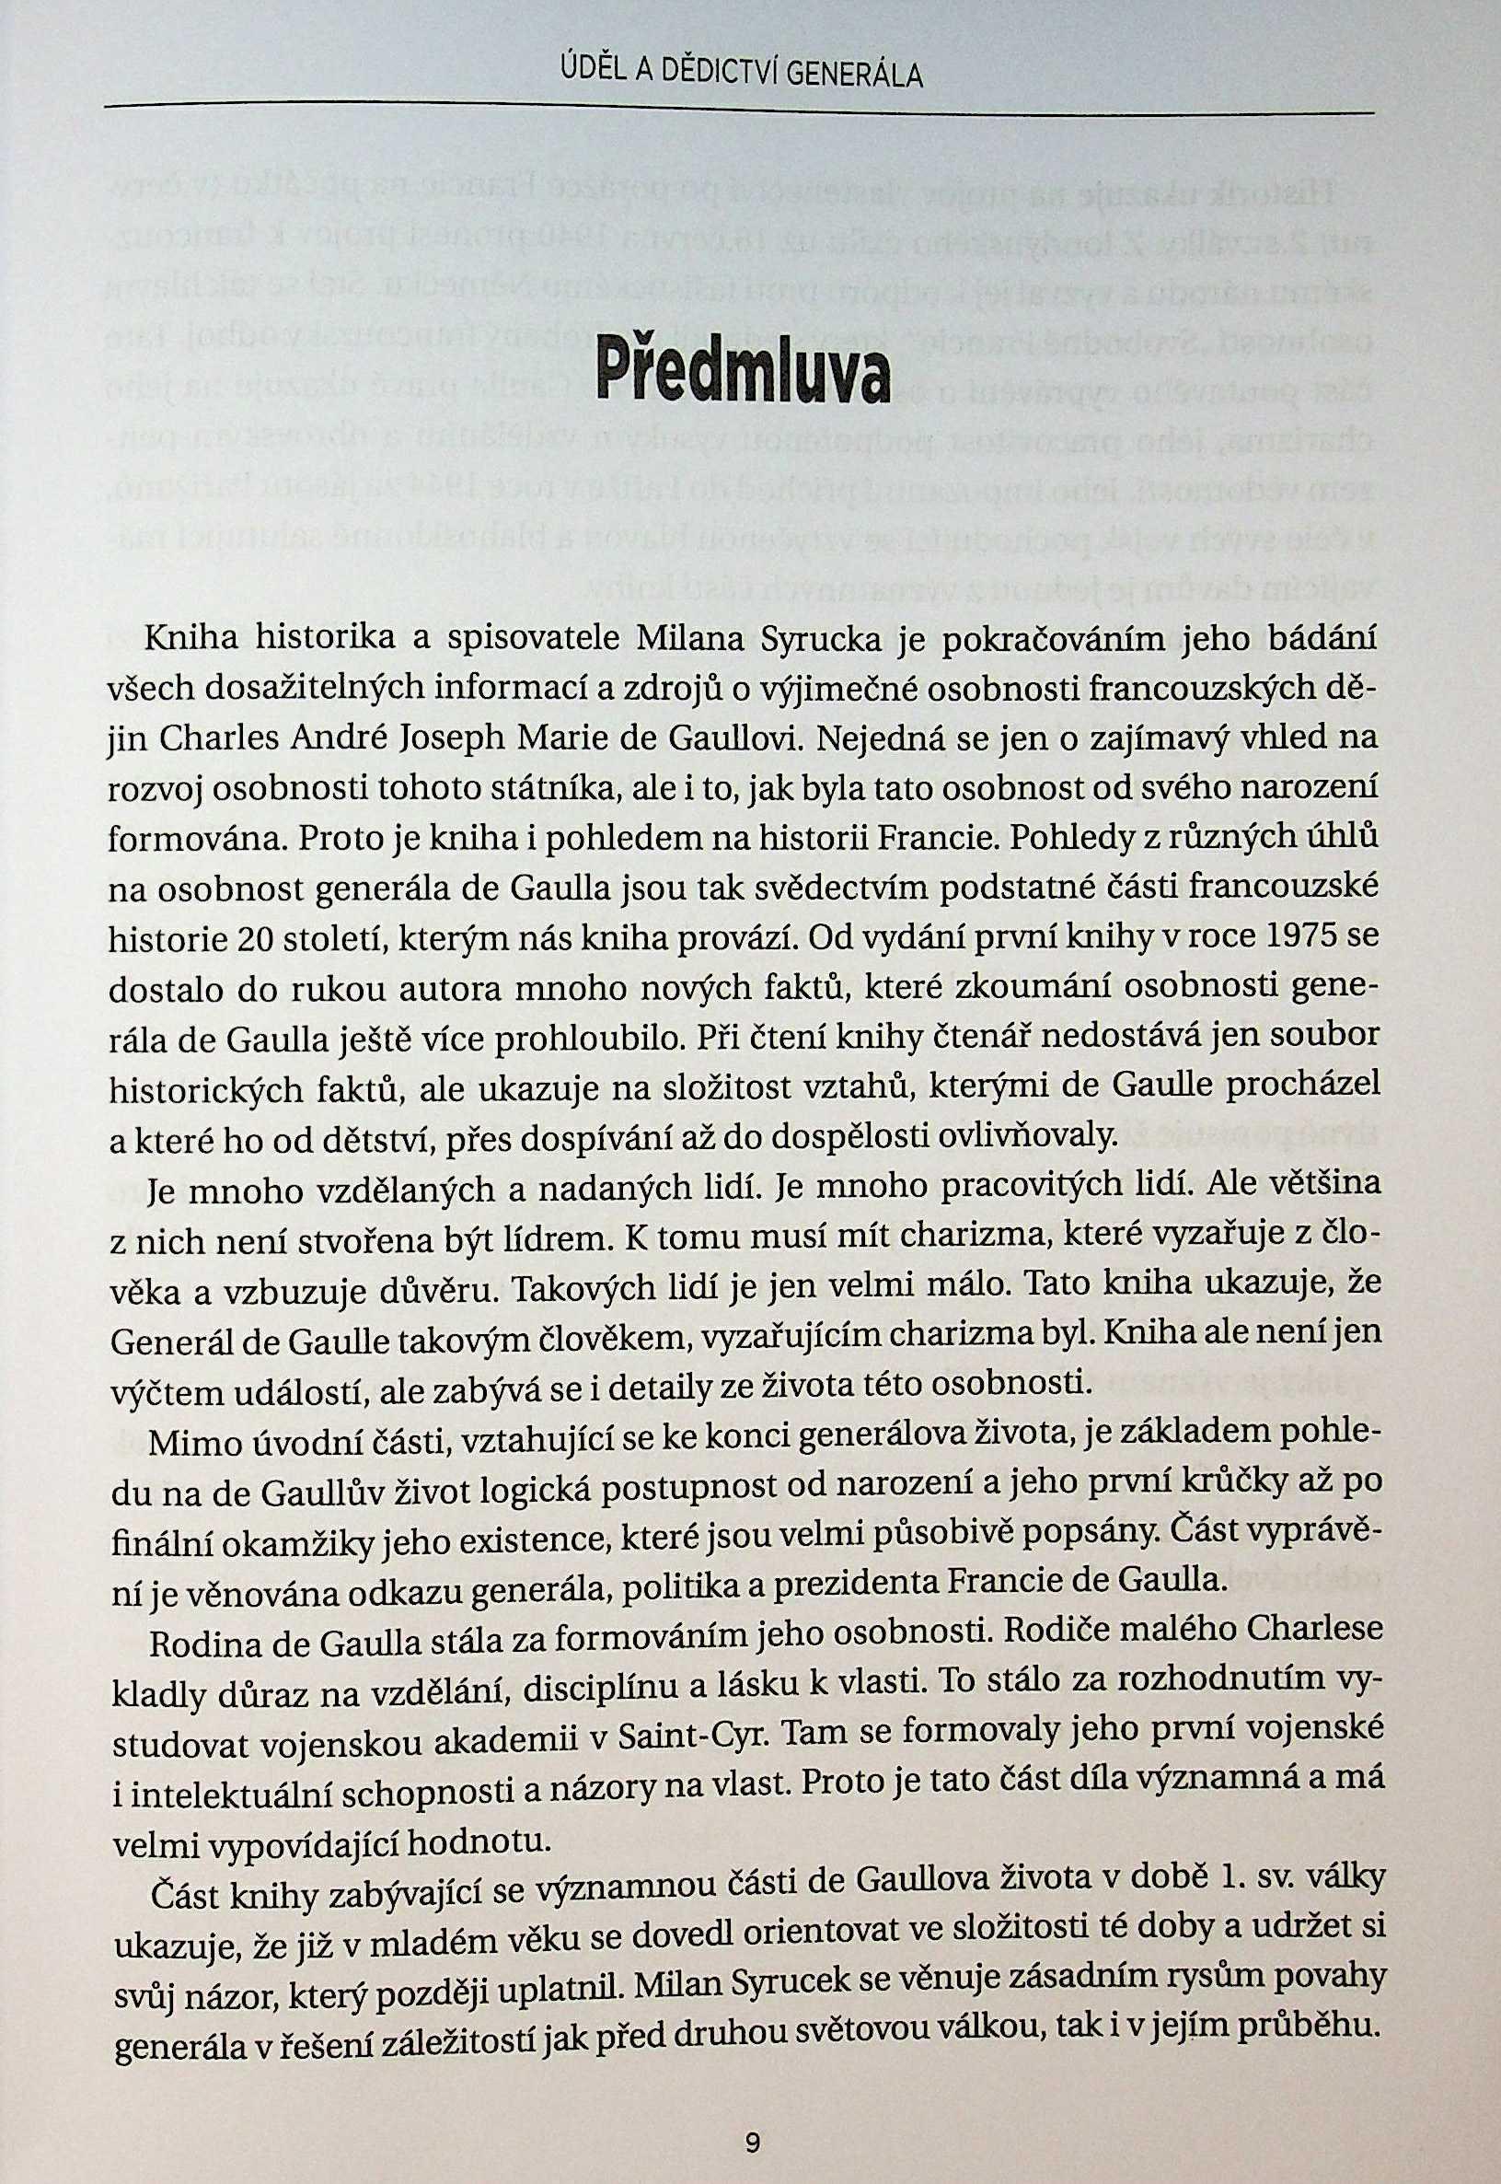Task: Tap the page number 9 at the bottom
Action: pos(751,2110)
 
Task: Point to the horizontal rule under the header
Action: pos(738,108)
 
